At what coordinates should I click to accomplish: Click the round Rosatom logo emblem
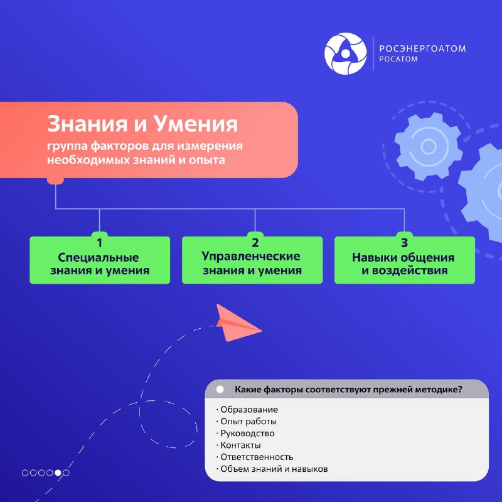click(x=346, y=53)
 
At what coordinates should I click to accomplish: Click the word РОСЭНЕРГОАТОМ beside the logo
click(x=422, y=49)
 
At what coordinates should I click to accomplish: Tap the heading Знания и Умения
click(x=142, y=124)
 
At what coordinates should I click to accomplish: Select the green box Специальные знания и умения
click(x=100, y=260)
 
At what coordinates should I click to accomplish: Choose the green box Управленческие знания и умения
click(x=252, y=260)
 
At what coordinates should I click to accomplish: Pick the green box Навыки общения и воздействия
click(x=405, y=260)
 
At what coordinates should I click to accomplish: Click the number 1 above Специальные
click(x=100, y=243)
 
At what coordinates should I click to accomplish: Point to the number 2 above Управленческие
click(x=255, y=243)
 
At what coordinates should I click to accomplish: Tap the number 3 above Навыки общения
click(x=405, y=243)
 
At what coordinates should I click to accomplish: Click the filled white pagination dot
click(x=58, y=473)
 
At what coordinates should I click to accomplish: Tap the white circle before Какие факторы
click(x=220, y=389)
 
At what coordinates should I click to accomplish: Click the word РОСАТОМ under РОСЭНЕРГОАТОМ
click(x=398, y=59)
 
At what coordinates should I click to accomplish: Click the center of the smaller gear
click(x=429, y=147)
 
